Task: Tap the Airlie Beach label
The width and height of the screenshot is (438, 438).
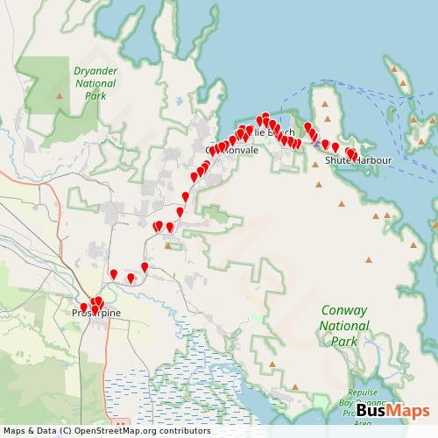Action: point(273,132)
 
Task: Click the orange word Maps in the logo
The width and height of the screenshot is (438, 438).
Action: point(401,411)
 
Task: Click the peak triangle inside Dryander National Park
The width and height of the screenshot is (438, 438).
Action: point(59,95)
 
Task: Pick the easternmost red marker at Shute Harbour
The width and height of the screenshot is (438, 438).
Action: point(354,156)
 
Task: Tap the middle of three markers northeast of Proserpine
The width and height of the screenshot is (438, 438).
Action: point(131,279)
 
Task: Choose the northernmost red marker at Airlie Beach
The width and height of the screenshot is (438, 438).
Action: point(265,117)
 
